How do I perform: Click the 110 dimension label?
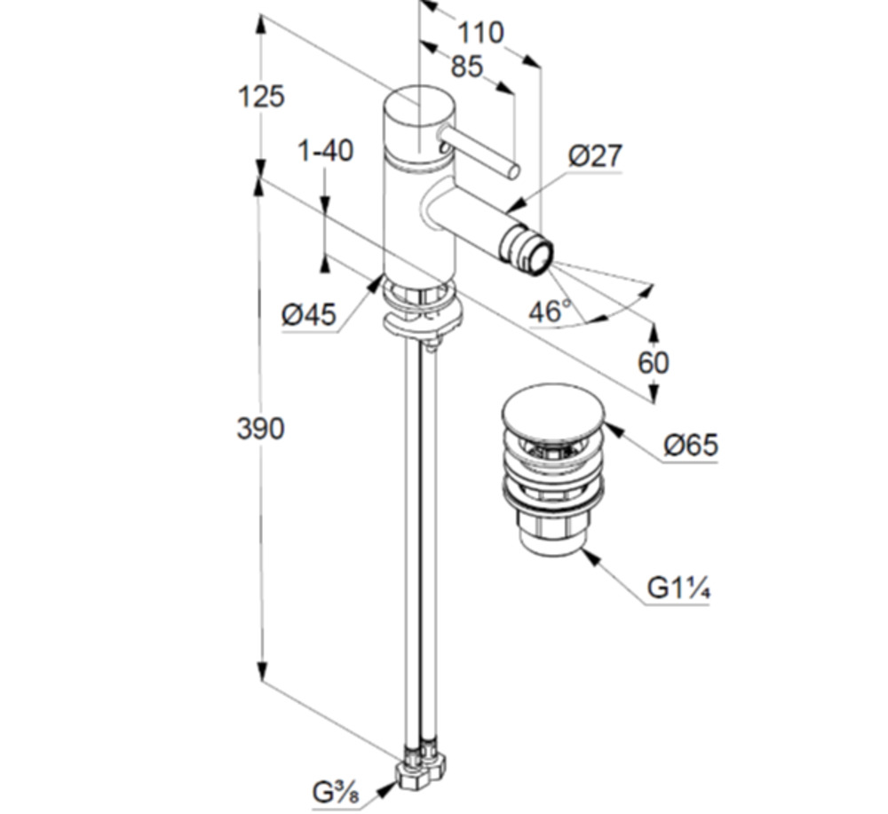point(480,33)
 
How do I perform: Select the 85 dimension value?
point(466,67)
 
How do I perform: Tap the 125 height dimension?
point(261,96)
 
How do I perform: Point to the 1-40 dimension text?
point(325,151)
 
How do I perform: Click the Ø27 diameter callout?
point(595,156)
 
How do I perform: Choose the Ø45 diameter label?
point(309,314)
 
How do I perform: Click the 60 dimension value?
point(654,362)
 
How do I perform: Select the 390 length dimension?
point(260,429)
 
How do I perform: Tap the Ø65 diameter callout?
point(691,445)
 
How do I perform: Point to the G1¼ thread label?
point(678,588)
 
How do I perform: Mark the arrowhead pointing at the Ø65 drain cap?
point(612,431)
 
